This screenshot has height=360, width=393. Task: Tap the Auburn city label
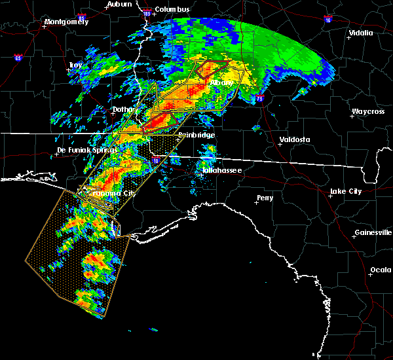click(x=119, y=4)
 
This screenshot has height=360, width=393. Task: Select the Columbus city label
click(x=172, y=9)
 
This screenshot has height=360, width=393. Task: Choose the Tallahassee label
click(x=221, y=170)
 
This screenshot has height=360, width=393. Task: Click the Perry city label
click(x=265, y=197)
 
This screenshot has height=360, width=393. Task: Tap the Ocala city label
click(x=381, y=270)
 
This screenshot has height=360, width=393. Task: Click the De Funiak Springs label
click(x=82, y=150)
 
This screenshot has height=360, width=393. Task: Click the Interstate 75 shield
click(x=260, y=98)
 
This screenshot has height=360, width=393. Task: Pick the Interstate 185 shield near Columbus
click(x=147, y=13)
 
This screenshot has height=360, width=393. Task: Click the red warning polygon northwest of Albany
click(x=210, y=67)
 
